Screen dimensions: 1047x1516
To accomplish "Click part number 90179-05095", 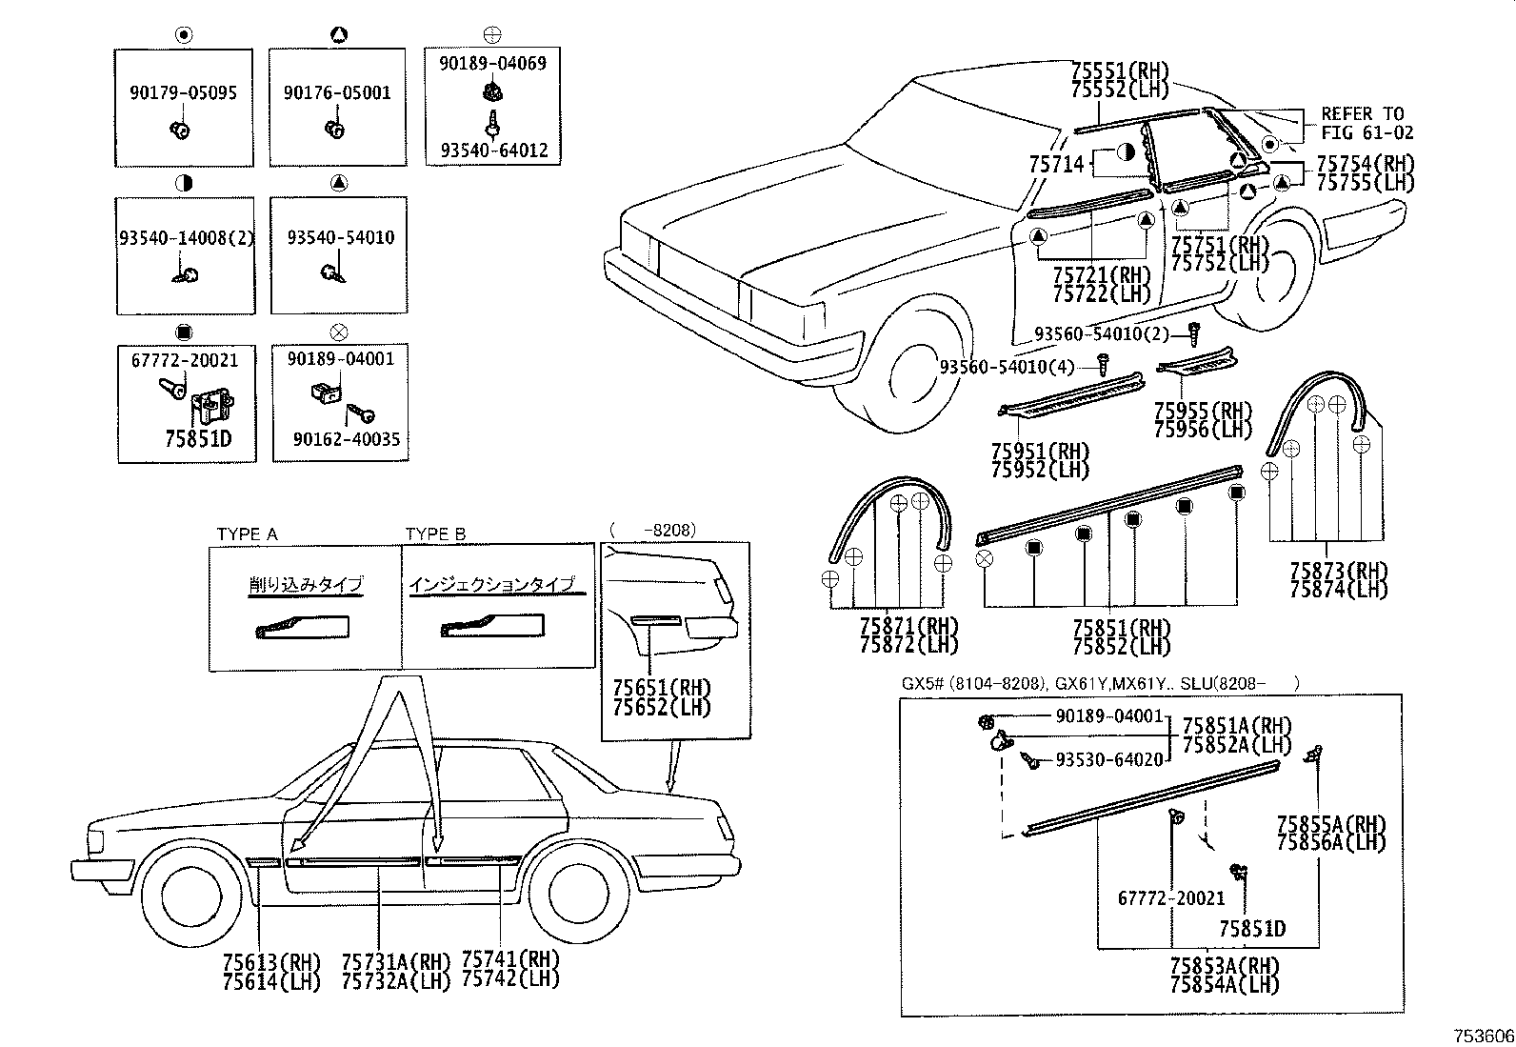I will (183, 93).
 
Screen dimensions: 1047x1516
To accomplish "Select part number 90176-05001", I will (337, 93).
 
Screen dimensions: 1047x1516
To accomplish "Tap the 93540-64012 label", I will (493, 151).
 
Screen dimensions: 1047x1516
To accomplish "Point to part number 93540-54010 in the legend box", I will (340, 237).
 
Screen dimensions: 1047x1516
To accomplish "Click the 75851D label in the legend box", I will (198, 439).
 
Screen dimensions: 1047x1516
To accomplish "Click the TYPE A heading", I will (247, 534).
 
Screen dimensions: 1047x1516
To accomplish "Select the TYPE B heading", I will (435, 534).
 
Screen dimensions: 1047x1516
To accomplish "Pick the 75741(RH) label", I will (509, 959).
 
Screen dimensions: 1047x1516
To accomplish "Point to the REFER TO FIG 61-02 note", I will (1366, 124).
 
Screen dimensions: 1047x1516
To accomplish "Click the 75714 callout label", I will (1056, 164).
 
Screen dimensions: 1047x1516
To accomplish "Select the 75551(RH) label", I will (1119, 71).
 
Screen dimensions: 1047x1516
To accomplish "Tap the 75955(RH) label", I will (1203, 412).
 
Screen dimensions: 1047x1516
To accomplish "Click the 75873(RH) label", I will (1338, 572).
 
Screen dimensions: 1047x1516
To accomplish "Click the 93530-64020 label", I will (1109, 759).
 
